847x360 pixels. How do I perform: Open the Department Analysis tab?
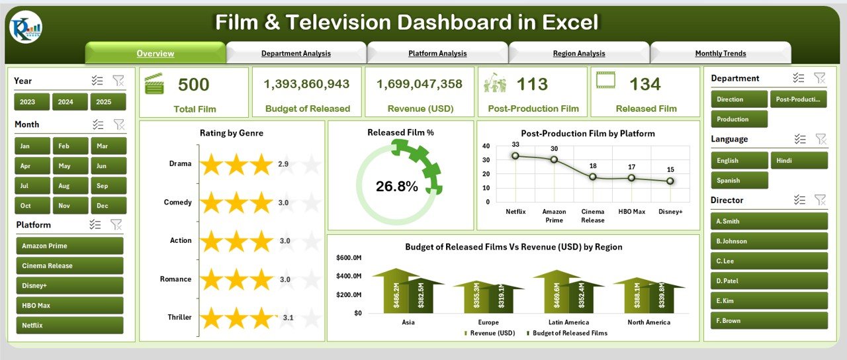[x=296, y=54]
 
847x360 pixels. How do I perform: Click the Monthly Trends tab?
[x=720, y=54]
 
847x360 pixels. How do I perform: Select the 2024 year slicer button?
[x=66, y=102]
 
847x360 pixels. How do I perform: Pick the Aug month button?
[x=64, y=186]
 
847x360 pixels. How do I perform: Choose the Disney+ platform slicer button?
[x=69, y=286]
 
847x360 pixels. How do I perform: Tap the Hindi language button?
[x=799, y=160]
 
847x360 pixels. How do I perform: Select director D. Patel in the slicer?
[x=768, y=281]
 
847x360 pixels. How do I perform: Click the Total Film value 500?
[x=194, y=85]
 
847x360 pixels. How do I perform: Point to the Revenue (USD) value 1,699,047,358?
[x=420, y=84]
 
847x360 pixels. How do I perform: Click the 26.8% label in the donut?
[x=397, y=187]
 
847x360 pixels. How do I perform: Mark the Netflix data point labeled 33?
[x=515, y=156]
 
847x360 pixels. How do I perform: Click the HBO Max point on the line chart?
[x=631, y=177]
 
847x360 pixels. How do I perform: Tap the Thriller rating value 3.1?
[x=287, y=318]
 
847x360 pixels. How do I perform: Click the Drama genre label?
[x=179, y=164]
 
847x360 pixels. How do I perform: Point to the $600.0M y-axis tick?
[x=349, y=257]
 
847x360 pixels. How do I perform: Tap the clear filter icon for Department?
[x=819, y=78]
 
